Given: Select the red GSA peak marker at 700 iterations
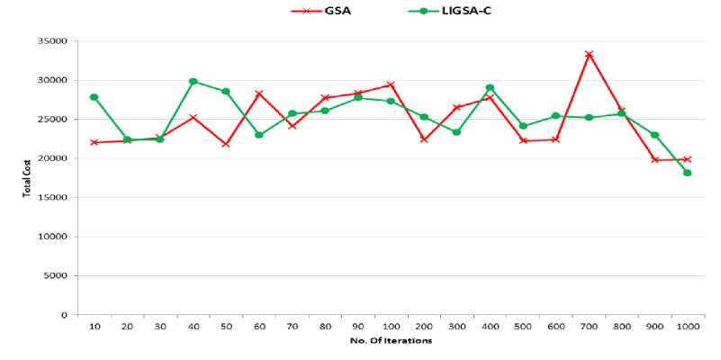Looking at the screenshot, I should tap(589, 54).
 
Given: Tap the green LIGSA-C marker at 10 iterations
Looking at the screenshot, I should tap(94, 97).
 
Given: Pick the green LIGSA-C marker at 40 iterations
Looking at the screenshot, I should tap(193, 81).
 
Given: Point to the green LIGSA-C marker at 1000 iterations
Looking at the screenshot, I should tap(688, 173).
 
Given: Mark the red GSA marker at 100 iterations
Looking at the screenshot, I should tap(391, 85).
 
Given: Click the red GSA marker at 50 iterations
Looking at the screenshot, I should tap(226, 144).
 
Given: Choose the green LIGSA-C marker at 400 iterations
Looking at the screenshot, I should tap(490, 87).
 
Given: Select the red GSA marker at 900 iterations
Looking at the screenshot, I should tap(654, 160).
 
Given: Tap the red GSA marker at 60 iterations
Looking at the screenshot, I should tap(258, 94).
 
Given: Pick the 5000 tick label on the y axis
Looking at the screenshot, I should tap(56, 275).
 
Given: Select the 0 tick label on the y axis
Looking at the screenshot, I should tap(65, 315).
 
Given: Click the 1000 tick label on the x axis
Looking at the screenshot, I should tap(688, 328).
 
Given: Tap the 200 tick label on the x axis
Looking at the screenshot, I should tap(423, 328).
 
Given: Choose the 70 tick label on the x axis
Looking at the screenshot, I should tap(292, 328).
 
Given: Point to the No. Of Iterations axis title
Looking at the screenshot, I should tap(391, 341).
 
